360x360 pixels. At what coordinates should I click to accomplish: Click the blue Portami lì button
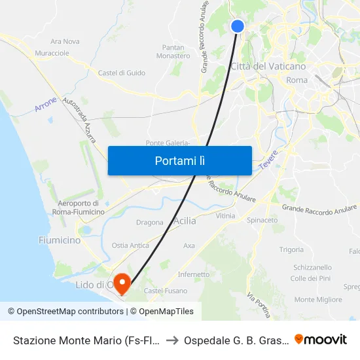point(179,160)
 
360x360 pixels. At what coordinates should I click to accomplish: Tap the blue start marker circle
point(238,26)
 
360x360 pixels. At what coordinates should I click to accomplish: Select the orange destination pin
point(121,283)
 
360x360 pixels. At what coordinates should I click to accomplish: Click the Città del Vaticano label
point(268,66)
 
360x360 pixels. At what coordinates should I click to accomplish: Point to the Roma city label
point(297,80)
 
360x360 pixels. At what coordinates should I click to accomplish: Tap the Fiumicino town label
point(60,240)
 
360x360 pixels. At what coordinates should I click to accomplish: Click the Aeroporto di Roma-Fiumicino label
point(78,207)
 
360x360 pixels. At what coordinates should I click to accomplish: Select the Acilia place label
point(185,221)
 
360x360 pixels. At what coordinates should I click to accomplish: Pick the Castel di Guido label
point(122,73)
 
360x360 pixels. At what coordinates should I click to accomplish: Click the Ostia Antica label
point(130,245)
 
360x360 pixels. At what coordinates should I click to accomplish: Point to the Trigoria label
point(291,249)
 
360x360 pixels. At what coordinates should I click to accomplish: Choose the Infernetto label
point(194,274)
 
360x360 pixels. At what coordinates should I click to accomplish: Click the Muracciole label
point(52,52)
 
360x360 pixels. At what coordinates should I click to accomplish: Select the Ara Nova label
point(65,41)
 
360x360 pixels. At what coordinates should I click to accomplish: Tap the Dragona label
point(149,223)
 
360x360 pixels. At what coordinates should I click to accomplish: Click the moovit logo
point(321,339)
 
